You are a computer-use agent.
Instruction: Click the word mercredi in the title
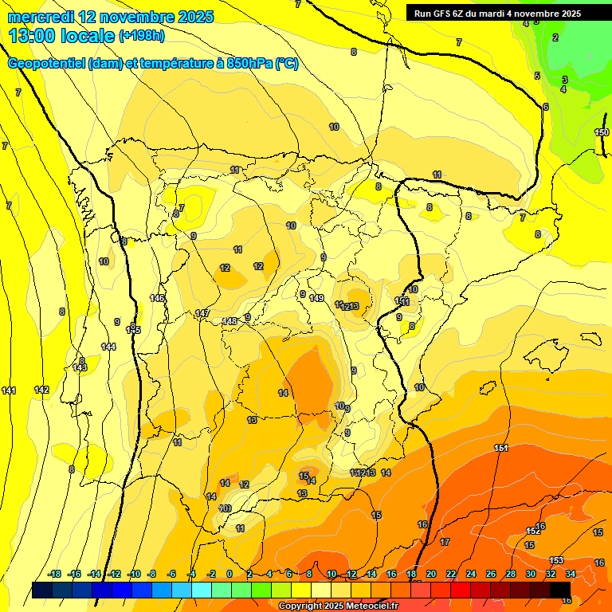pos(39,16)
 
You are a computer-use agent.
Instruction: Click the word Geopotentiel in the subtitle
pos(45,64)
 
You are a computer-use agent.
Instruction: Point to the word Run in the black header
pos(424,14)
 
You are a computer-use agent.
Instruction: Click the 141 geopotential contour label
pos(9,390)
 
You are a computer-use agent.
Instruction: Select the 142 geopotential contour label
pos(42,390)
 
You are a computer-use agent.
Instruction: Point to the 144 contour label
pos(108,347)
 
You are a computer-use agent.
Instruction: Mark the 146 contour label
pos(158,298)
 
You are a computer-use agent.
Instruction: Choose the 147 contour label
pos(202,313)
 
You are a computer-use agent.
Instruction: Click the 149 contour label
pos(317,298)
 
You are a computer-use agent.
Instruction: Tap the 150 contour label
pos(602,132)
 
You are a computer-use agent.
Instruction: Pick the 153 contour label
pos(556,560)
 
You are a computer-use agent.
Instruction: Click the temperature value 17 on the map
pos(445,542)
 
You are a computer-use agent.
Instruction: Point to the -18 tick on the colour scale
pos(55,574)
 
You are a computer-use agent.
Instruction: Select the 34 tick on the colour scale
pos(570,574)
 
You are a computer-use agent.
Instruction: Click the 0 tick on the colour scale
pos(229,574)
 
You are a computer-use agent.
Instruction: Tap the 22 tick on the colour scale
pos(451,574)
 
